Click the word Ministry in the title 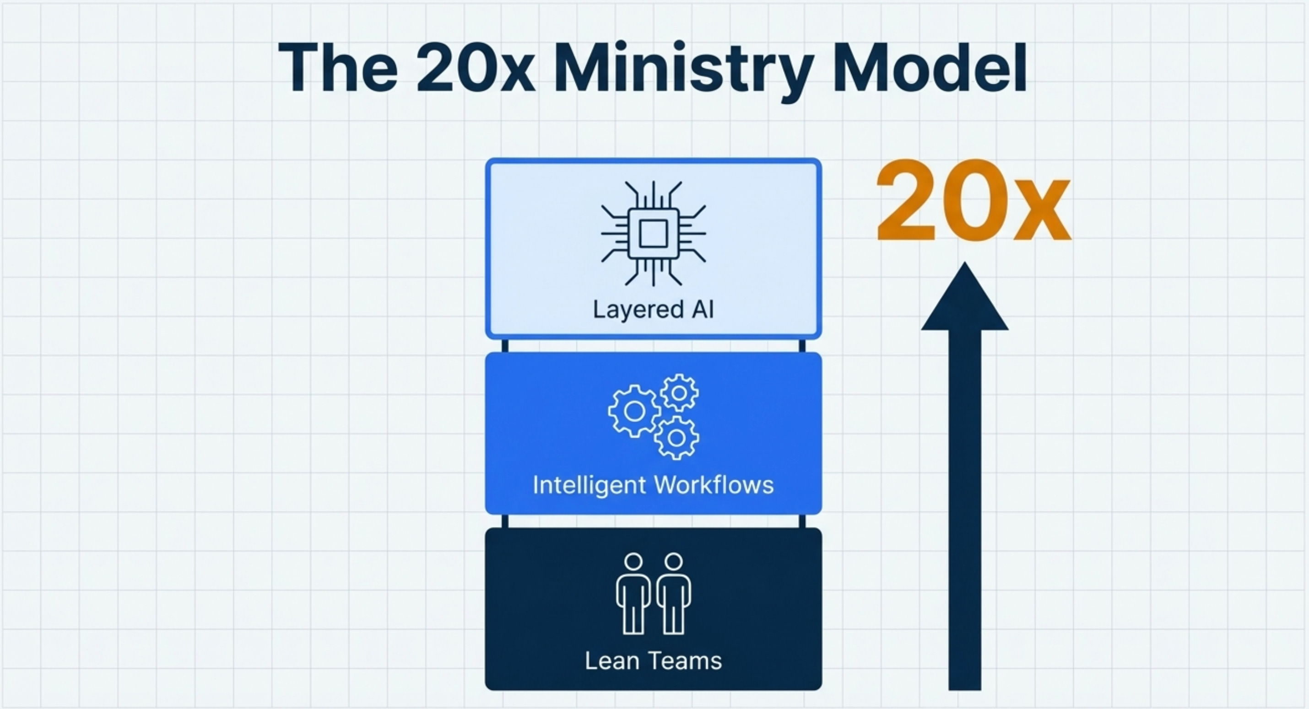[683, 69]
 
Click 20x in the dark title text [475, 69]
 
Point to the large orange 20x [973, 202]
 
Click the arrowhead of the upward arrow [964, 300]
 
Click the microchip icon [654, 234]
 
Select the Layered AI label [654, 309]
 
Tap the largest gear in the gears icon [635, 411]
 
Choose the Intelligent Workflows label [654, 485]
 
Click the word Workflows [714, 485]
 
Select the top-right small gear [679, 392]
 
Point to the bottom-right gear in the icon [676, 437]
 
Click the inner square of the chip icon [654, 234]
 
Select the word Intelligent [590, 485]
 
